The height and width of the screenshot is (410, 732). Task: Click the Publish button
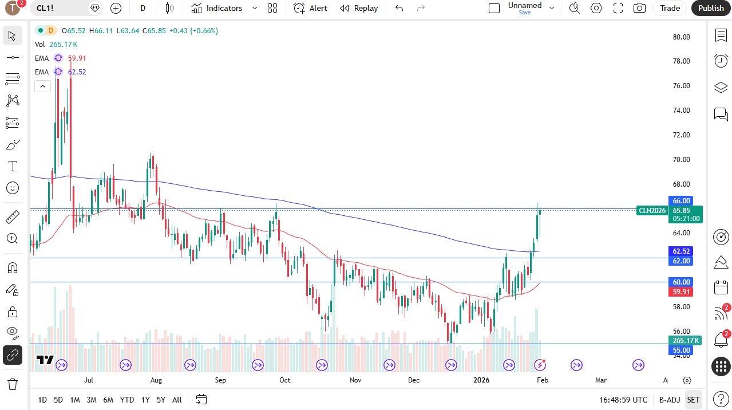click(711, 8)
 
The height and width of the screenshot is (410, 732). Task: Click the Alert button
click(311, 8)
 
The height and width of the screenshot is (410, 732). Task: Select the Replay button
click(359, 8)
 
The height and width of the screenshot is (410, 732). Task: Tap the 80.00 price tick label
click(681, 37)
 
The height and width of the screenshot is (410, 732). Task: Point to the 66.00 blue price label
click(681, 200)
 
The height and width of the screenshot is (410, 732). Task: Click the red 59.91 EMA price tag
click(681, 292)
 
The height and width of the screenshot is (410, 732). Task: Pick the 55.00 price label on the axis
click(681, 350)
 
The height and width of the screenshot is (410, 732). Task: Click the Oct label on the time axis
click(284, 380)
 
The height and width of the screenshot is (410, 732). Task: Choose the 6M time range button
click(108, 400)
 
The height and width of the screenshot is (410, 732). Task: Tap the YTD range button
click(127, 400)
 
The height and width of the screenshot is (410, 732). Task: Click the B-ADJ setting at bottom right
click(669, 400)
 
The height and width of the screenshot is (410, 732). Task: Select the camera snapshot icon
click(639, 8)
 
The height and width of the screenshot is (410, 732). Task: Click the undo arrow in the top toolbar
click(399, 8)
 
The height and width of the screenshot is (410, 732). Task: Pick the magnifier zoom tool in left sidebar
click(12, 238)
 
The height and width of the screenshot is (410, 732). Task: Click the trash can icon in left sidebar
click(12, 384)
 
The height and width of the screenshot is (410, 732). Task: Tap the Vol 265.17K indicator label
click(56, 44)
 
